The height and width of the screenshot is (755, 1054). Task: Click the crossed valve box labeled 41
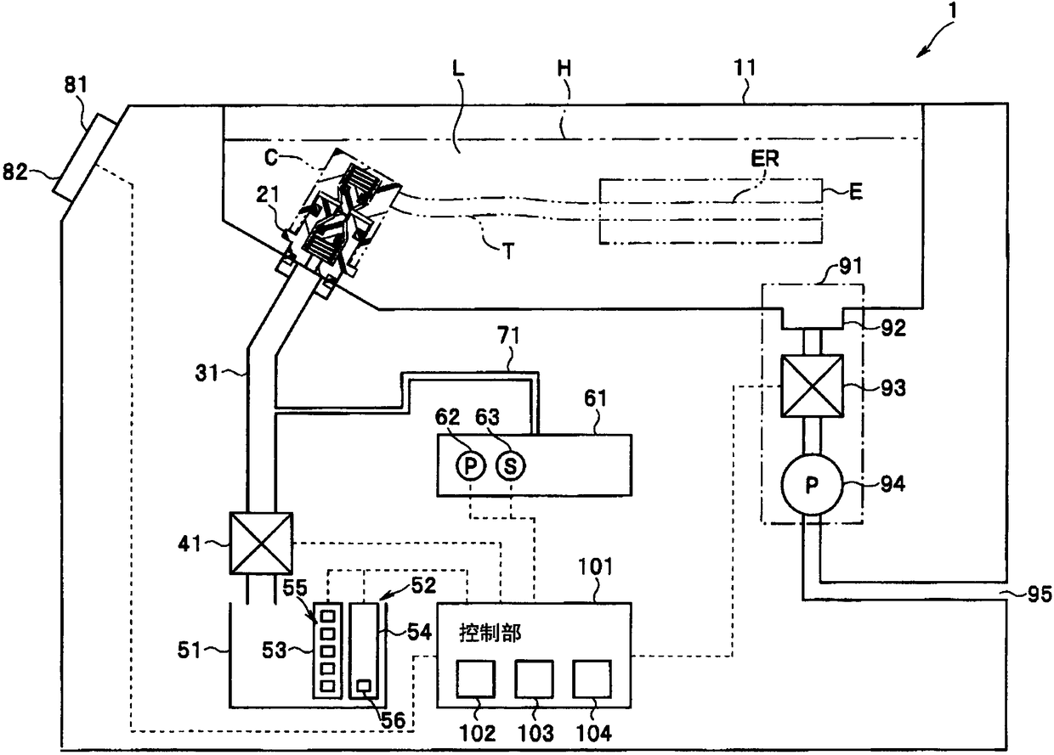261,544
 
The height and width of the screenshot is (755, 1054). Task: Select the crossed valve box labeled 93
812,386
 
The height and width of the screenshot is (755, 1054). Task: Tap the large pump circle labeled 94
812,485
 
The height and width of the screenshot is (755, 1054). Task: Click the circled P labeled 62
470,465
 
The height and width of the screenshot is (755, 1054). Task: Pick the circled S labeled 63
511,465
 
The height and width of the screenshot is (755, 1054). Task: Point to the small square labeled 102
476,679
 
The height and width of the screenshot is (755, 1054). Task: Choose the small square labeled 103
534,679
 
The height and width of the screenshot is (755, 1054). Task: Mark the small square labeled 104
592,679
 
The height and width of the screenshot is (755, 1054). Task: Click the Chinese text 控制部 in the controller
490,633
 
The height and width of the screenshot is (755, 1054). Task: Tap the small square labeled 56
364,686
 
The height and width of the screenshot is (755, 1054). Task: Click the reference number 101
595,566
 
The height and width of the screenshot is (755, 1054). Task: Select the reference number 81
76,85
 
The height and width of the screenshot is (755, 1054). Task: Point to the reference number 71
508,336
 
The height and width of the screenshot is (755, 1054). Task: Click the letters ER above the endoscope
765,159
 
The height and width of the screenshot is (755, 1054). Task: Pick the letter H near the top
564,69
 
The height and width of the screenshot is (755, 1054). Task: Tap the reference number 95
1040,594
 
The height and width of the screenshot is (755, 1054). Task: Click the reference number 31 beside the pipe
207,374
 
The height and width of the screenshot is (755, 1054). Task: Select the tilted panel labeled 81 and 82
85,157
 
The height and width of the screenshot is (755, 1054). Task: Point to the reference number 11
745,68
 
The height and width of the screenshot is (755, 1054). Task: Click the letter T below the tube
508,251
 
